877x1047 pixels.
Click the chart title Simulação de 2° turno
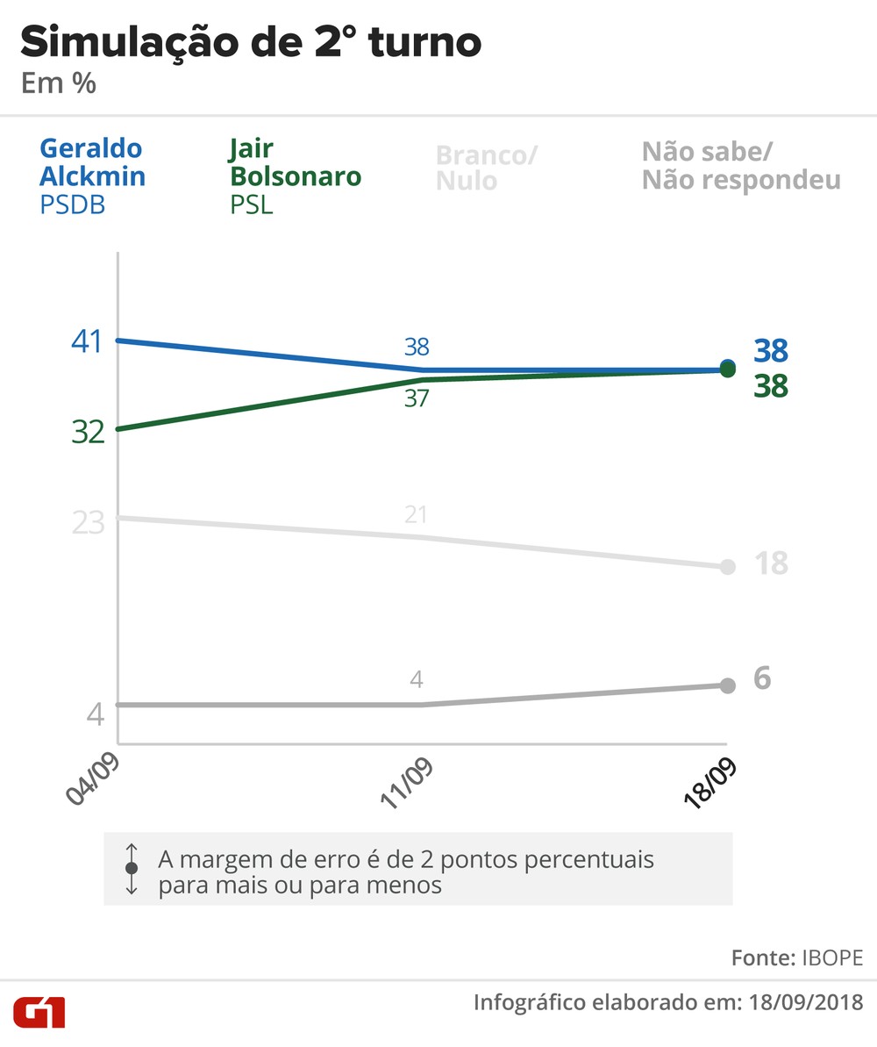click(x=250, y=42)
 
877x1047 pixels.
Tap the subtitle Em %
click(x=58, y=84)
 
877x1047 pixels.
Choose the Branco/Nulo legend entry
click(x=487, y=168)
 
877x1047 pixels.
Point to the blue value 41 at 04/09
click(x=87, y=341)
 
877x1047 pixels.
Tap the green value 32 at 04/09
click(x=88, y=432)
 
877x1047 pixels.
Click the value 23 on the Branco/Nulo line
click(x=88, y=522)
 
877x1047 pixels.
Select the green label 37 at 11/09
click(x=417, y=398)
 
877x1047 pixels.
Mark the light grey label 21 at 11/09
click(x=417, y=515)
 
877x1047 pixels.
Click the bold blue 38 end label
click(x=771, y=351)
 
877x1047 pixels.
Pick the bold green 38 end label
click(x=771, y=385)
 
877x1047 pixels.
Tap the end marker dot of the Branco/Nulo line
click(x=727, y=567)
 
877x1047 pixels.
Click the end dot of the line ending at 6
click(x=727, y=685)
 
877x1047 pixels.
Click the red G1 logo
click(x=38, y=1011)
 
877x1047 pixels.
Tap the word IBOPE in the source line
click(x=832, y=957)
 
